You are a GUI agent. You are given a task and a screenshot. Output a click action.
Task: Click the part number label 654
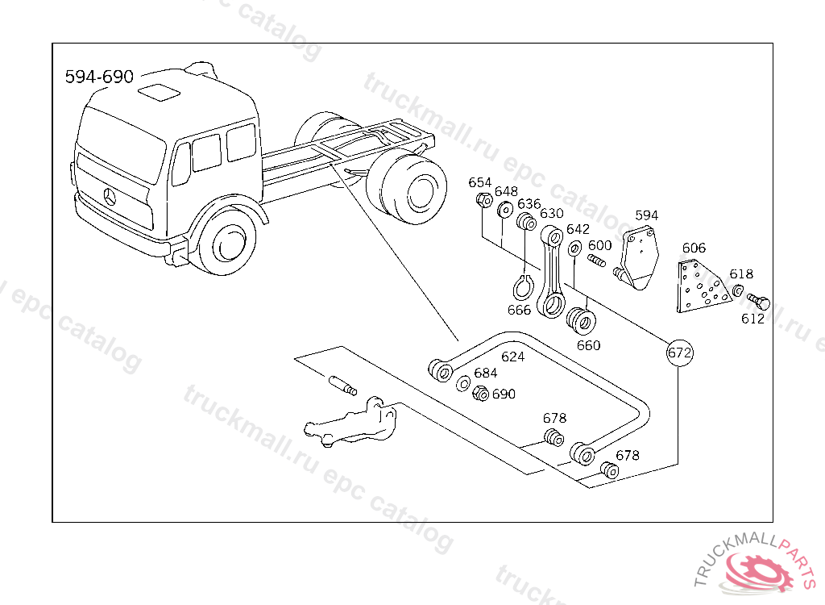pos(480,182)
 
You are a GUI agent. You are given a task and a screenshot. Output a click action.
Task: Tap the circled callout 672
pos(679,353)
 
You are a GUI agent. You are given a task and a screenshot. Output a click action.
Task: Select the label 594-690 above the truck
pos(99,77)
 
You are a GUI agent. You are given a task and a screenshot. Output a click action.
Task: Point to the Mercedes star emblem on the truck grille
pos(110,197)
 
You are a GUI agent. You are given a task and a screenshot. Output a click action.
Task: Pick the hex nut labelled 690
pos(480,393)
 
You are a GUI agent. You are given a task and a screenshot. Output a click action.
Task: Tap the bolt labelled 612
pos(759,301)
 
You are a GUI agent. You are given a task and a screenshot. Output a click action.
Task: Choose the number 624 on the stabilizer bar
pos(512,357)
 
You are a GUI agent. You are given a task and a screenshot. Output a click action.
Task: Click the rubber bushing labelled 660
pos(581,320)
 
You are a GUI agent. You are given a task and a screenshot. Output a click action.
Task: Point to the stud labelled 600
pos(596,260)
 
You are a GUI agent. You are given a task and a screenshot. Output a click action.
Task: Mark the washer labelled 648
pos(505,210)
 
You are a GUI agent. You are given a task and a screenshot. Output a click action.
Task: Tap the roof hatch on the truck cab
pos(159,92)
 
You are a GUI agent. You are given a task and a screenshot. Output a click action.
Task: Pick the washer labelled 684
pos(463,383)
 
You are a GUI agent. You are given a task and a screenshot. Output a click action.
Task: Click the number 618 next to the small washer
pos(741,274)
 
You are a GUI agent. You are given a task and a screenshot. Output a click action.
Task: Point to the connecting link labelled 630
pos(551,271)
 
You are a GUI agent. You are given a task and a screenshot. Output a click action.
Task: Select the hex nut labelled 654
pos(484,200)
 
